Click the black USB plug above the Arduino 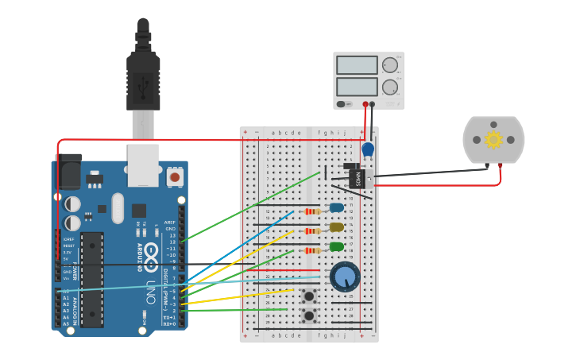click(143, 79)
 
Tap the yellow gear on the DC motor click(493, 140)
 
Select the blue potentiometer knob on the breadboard click(345, 276)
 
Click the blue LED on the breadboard click(337, 208)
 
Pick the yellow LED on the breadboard click(337, 227)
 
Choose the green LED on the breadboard click(337, 246)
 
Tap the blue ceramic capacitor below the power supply click(368, 149)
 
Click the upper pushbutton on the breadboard click(308, 296)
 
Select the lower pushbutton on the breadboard click(308, 315)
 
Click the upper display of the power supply click(357, 65)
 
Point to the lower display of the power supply click(357, 86)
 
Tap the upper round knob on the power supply click(390, 65)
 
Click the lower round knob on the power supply click(390, 87)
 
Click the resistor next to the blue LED click(312, 211)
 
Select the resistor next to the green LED click(312, 250)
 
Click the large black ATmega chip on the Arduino click(92, 279)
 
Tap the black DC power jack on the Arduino click(69, 170)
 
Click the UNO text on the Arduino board click(151, 294)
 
